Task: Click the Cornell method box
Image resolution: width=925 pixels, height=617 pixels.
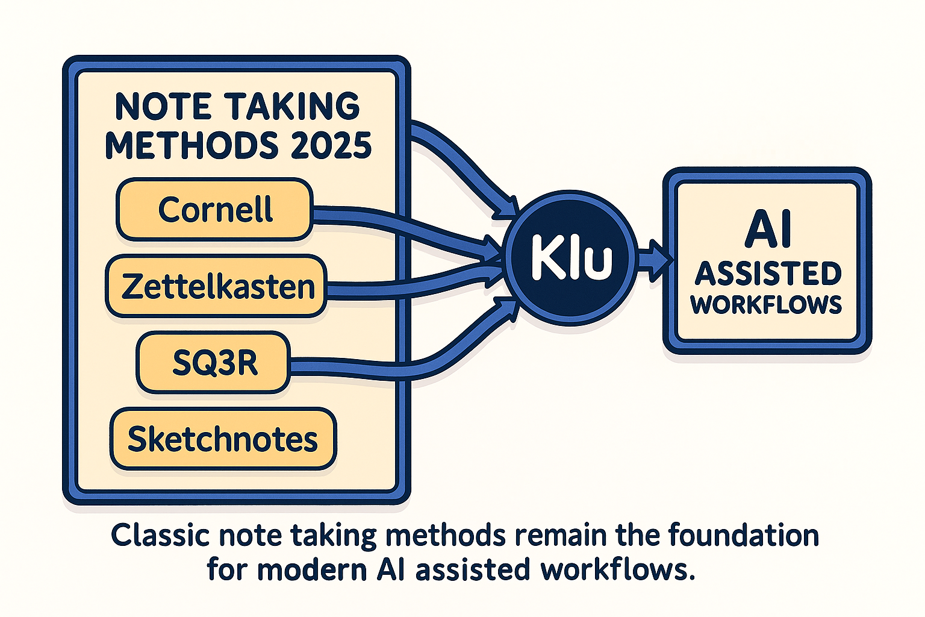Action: pyautogui.click(x=214, y=210)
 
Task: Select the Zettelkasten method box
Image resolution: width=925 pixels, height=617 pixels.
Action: pyautogui.click(x=217, y=286)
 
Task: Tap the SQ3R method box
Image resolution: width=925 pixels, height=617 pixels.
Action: pyautogui.click(x=214, y=363)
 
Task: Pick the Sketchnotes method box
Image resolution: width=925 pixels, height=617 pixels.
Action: pyautogui.click(x=223, y=439)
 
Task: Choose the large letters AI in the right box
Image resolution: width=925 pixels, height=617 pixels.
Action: pyautogui.click(x=768, y=230)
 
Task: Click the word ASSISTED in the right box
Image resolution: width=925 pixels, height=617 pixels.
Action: pyautogui.click(x=768, y=274)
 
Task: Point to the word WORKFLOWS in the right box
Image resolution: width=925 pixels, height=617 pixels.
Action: pyautogui.click(x=767, y=305)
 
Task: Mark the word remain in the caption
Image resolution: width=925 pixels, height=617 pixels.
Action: pyautogui.click(x=564, y=535)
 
